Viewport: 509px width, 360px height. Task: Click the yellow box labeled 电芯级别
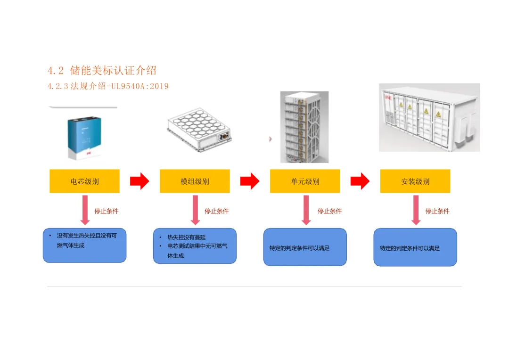pyautogui.click(x=84, y=181)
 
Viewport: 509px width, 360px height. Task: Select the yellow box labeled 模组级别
pyautogui.click(x=195, y=181)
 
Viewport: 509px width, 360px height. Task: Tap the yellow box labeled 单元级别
pyautogui.click(x=305, y=181)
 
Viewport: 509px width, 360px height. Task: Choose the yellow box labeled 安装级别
pyautogui.click(x=415, y=181)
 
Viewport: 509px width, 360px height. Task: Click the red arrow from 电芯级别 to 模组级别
pyautogui.click(x=140, y=181)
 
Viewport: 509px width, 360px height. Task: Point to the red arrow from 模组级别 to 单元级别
pyautogui.click(x=250, y=181)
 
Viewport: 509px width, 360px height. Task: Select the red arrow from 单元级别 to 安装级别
pyautogui.click(x=360, y=181)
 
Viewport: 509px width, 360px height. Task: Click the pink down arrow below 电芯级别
pyautogui.click(x=85, y=210)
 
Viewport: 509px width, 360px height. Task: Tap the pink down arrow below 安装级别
pyautogui.click(x=416, y=210)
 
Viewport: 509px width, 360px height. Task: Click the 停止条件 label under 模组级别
pyautogui.click(x=217, y=211)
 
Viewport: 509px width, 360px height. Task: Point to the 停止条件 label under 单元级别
pyautogui.click(x=329, y=211)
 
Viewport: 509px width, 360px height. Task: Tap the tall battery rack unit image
pyautogui.click(x=304, y=127)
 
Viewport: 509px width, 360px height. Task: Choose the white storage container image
pyautogui.click(x=429, y=118)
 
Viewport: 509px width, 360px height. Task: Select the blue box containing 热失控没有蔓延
pyautogui.click(x=195, y=246)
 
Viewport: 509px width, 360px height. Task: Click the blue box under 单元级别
pyautogui.click(x=305, y=247)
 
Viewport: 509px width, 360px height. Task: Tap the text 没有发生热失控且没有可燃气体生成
pyautogui.click(x=86, y=240)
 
